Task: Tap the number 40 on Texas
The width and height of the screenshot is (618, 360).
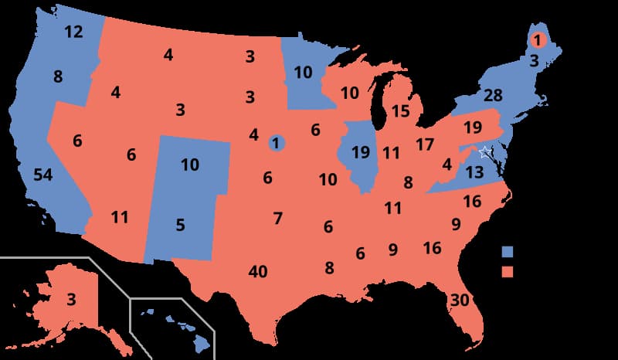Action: click(258, 271)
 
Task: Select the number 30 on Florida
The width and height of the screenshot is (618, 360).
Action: click(460, 301)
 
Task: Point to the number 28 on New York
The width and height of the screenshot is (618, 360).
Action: click(494, 96)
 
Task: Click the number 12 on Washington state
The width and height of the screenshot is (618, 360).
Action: click(73, 32)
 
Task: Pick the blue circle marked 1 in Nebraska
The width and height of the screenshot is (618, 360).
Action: click(276, 142)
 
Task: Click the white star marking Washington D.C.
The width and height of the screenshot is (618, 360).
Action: click(484, 151)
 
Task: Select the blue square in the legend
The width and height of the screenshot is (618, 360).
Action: click(508, 251)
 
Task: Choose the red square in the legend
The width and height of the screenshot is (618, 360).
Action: click(508, 271)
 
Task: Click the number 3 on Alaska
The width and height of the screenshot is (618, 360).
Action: click(70, 299)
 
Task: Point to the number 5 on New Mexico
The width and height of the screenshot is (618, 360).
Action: click(180, 226)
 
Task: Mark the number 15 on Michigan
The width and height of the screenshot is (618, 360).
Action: click(400, 111)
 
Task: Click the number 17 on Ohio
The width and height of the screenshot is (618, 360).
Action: click(424, 144)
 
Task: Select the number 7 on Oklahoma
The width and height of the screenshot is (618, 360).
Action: click(277, 218)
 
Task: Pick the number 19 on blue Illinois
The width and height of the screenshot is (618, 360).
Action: click(360, 152)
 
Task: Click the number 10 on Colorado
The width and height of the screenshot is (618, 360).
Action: click(190, 165)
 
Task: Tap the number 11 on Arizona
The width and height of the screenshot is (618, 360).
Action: click(119, 217)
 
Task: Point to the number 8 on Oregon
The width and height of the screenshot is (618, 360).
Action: click(58, 76)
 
